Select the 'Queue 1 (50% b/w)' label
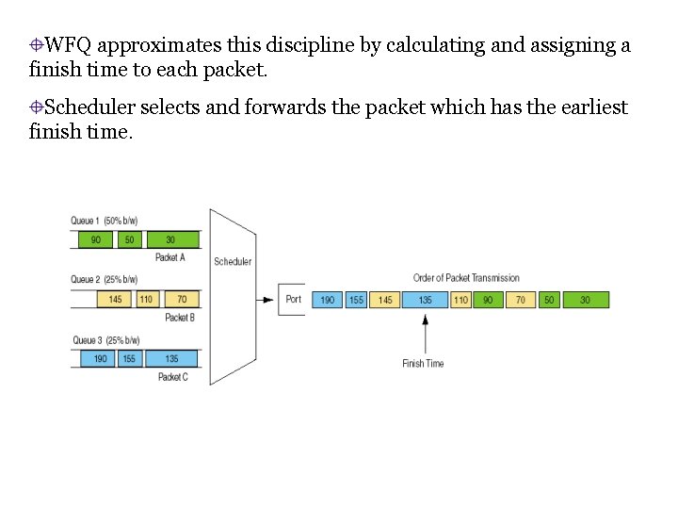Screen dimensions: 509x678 click(x=104, y=221)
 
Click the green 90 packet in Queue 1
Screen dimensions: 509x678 click(x=95, y=239)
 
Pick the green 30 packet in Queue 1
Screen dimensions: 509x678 click(x=170, y=239)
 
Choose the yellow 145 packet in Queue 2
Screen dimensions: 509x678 click(x=115, y=300)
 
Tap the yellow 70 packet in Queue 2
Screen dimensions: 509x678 click(x=182, y=300)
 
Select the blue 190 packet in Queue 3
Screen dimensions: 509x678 click(x=101, y=359)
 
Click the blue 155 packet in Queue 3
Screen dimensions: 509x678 click(x=129, y=359)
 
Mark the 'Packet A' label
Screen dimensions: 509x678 click(x=170, y=257)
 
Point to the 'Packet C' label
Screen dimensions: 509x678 click(x=173, y=377)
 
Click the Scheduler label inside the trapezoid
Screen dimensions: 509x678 click(x=233, y=261)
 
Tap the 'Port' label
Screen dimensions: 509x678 click(x=294, y=300)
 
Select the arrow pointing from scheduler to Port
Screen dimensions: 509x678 click(x=266, y=300)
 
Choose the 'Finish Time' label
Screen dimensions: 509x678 click(x=423, y=364)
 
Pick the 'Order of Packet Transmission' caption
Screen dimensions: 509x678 click(x=466, y=278)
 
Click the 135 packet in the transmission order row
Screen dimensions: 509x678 click(x=425, y=300)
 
